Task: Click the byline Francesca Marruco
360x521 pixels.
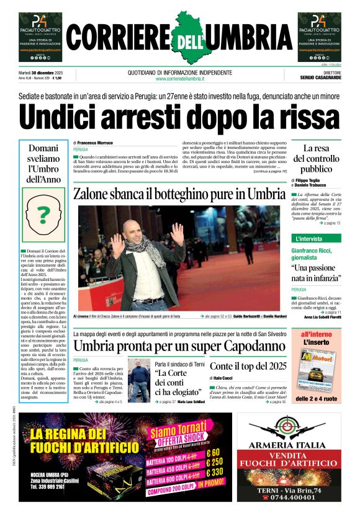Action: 94,143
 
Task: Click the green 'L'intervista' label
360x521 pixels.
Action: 292,238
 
